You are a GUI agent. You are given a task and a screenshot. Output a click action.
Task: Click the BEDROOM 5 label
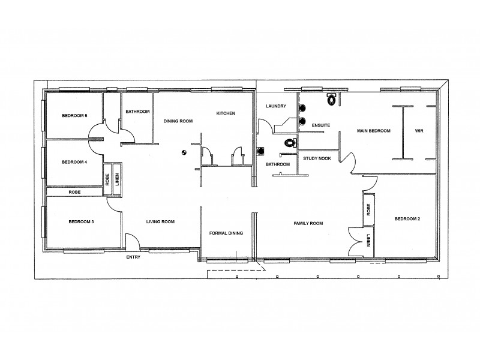pyautogui.click(x=74, y=116)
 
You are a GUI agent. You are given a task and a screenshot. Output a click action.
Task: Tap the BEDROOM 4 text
pyautogui.click(x=74, y=162)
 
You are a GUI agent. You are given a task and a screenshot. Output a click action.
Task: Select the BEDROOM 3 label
pyautogui.click(x=81, y=222)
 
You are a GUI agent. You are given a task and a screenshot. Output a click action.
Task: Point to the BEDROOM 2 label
pyautogui.click(x=407, y=219)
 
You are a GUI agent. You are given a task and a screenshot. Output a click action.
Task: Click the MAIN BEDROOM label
pyautogui.click(x=374, y=131)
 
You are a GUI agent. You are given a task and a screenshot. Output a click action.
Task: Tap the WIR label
pyautogui.click(x=419, y=131)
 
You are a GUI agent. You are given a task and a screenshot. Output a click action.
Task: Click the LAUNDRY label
pyautogui.click(x=276, y=106)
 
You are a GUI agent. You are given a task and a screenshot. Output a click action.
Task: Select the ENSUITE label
pyautogui.click(x=322, y=125)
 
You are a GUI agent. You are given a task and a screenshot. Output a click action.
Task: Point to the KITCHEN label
pyautogui.click(x=226, y=113)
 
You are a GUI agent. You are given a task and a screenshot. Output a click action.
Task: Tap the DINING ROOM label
pyautogui.click(x=178, y=121)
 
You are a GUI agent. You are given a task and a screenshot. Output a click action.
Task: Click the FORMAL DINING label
pyautogui.click(x=226, y=233)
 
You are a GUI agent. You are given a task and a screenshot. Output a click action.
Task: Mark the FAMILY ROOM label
pyautogui.click(x=308, y=223)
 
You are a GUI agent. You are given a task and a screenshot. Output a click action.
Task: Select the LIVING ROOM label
pyautogui.click(x=160, y=222)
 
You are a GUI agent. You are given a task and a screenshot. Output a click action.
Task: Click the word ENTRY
pyautogui.click(x=133, y=257)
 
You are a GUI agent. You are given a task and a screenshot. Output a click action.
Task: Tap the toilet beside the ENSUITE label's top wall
pyautogui.click(x=330, y=95)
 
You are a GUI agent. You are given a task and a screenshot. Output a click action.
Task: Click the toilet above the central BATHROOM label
pyautogui.click(x=290, y=143)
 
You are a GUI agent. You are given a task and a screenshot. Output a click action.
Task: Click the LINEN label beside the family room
pyautogui.click(x=368, y=242)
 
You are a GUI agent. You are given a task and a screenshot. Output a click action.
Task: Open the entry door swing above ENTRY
pyautogui.click(x=133, y=241)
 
